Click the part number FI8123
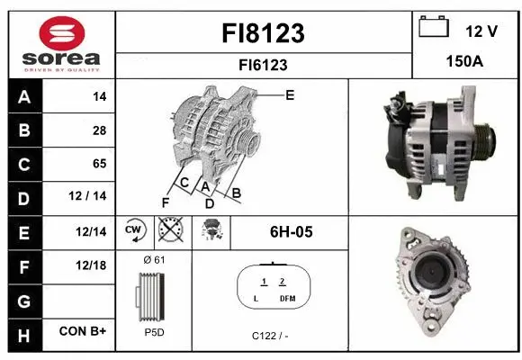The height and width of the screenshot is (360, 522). [263, 33]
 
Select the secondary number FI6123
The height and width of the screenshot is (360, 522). [263, 65]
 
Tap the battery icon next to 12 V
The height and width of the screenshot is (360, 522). [434, 28]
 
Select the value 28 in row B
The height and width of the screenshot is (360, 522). [99, 130]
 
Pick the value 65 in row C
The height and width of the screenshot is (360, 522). [99, 164]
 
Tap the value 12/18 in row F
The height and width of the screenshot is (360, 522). [93, 265]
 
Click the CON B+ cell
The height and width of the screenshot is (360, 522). [84, 332]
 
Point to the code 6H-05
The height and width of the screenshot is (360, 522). [291, 232]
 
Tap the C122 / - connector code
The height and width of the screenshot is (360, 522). [269, 336]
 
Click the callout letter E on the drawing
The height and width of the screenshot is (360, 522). [290, 94]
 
